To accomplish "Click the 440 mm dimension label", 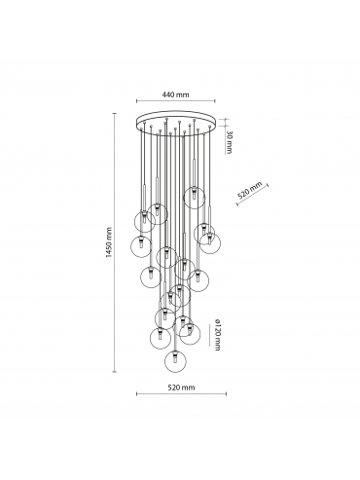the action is click(175, 94).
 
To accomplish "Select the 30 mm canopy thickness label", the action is click(229, 142).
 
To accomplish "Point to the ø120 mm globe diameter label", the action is click(218, 335).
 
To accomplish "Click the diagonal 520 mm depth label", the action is click(250, 191).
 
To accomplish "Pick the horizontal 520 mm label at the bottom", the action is click(181, 388).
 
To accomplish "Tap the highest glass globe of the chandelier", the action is click(194, 199).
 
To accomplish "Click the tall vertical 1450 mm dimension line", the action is click(114, 242).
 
